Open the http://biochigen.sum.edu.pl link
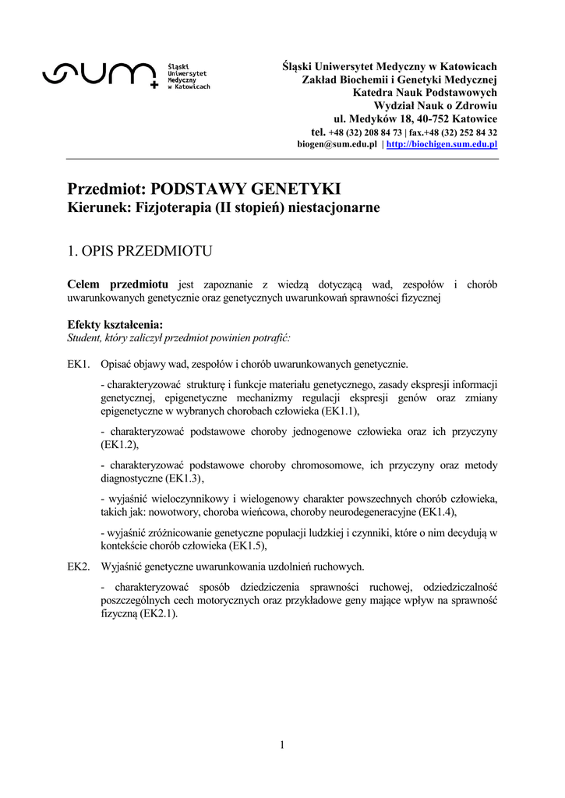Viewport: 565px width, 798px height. point(442,145)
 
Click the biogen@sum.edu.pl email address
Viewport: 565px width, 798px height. point(337,145)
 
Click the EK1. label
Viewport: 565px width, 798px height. point(79,364)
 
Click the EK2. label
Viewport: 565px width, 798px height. point(79,566)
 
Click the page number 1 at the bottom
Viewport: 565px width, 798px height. point(282,745)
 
